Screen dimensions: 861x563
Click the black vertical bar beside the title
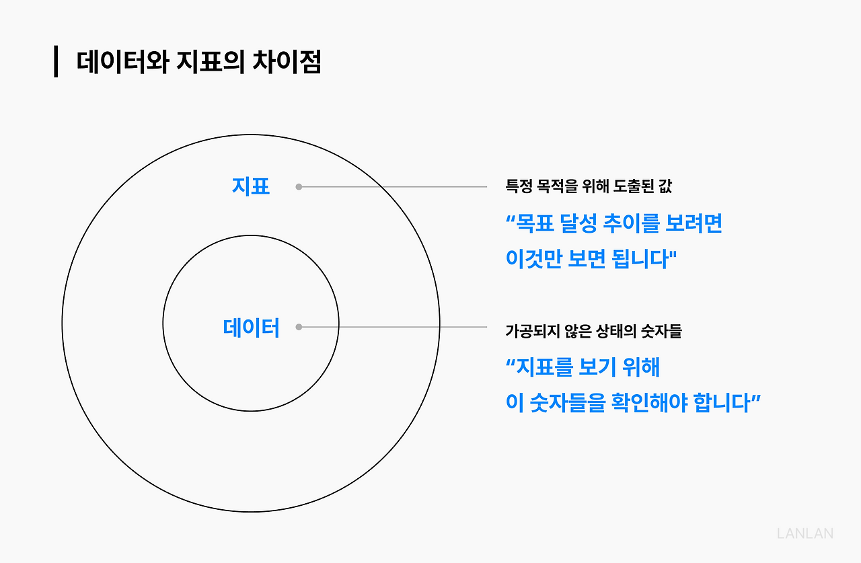click(x=56, y=62)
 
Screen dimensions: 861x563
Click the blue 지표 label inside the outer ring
click(x=250, y=186)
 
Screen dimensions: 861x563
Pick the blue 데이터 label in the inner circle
click(x=250, y=328)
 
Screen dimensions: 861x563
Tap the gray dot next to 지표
click(x=299, y=187)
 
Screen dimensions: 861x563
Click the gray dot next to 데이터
click(x=299, y=328)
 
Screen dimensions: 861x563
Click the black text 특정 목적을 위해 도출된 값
click(x=588, y=187)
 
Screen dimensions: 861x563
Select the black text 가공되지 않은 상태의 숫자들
click(x=593, y=331)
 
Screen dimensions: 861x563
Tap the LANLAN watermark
click(x=804, y=533)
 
